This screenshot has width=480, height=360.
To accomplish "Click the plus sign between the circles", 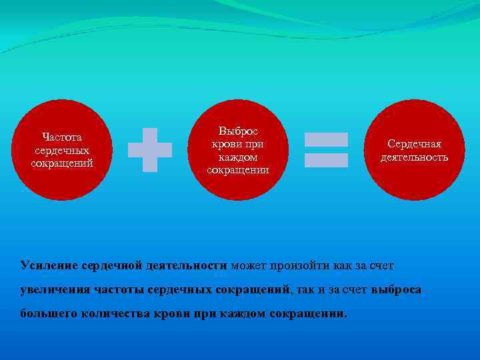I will pos(150,150).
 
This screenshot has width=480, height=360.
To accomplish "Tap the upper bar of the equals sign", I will pos(326,139).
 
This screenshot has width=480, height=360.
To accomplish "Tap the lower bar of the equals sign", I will pos(326,160).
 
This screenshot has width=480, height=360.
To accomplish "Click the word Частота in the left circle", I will pos(61,138).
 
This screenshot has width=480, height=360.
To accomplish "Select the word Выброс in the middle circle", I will pos(238,131).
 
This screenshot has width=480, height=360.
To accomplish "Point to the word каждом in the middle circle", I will pos(238,157).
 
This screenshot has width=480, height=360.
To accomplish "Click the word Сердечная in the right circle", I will pos(415,145).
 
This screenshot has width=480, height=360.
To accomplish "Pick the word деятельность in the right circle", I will pos(415,157).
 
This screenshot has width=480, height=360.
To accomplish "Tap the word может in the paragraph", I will pos(249,265).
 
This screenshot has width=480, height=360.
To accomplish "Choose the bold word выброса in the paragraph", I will pos(396,289).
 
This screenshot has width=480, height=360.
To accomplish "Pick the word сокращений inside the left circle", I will pos(61,163).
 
